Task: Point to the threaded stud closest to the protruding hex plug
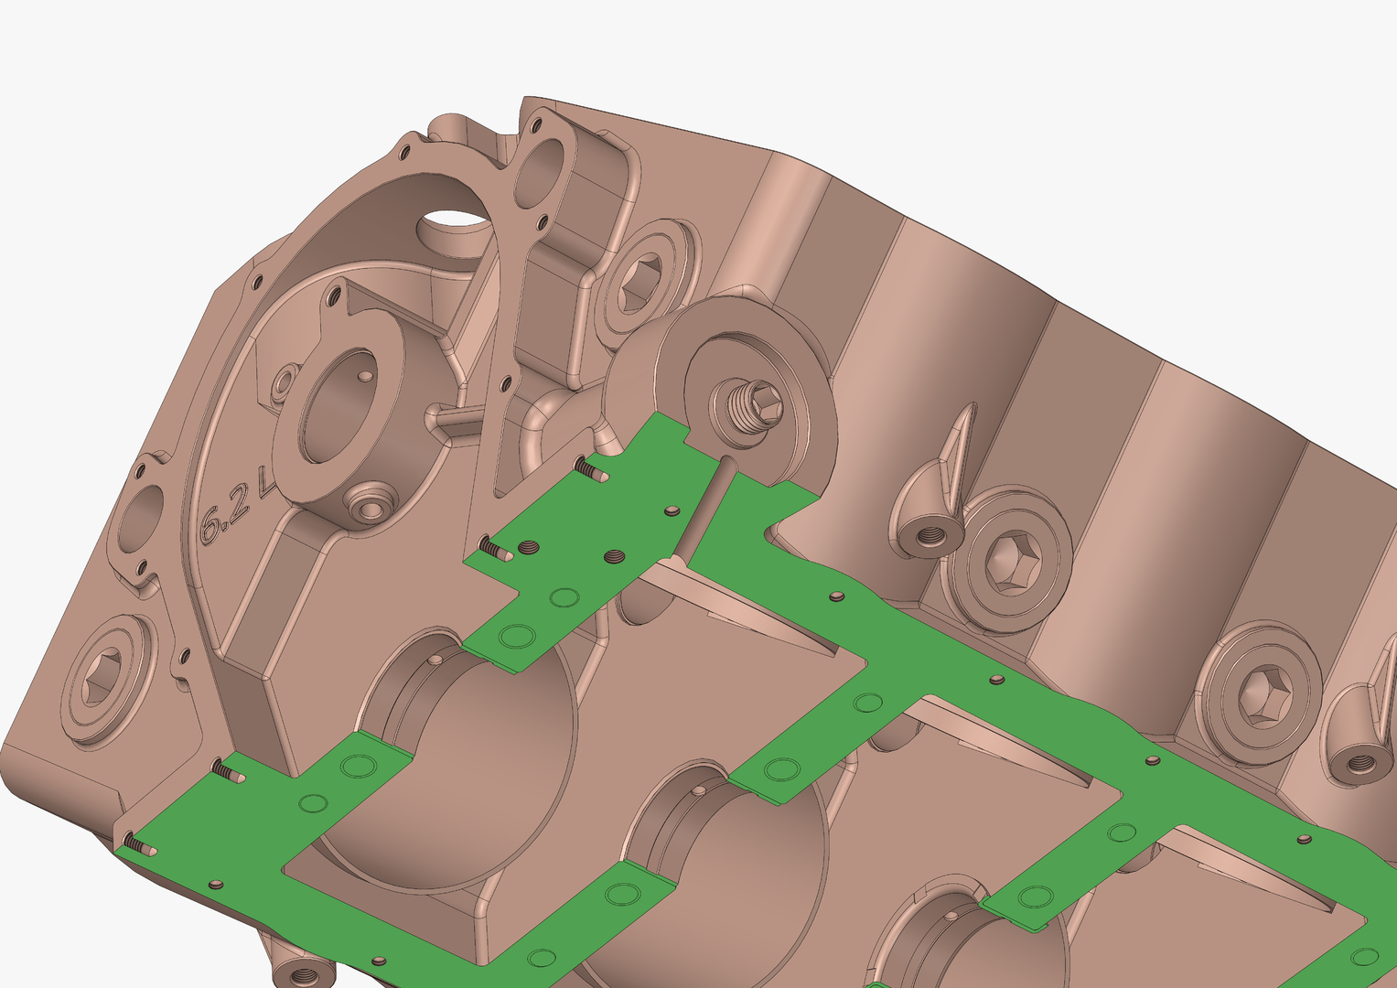click(590, 470)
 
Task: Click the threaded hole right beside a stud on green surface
click(529, 547)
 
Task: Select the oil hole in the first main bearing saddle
click(435, 659)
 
